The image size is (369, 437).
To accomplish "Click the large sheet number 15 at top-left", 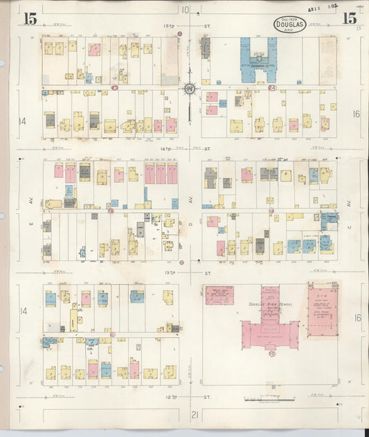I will tap(30, 17).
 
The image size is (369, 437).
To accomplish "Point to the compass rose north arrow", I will tap(189, 89).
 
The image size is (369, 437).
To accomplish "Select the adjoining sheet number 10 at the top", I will tap(185, 10).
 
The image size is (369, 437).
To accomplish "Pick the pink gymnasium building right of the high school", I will tap(323, 310).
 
